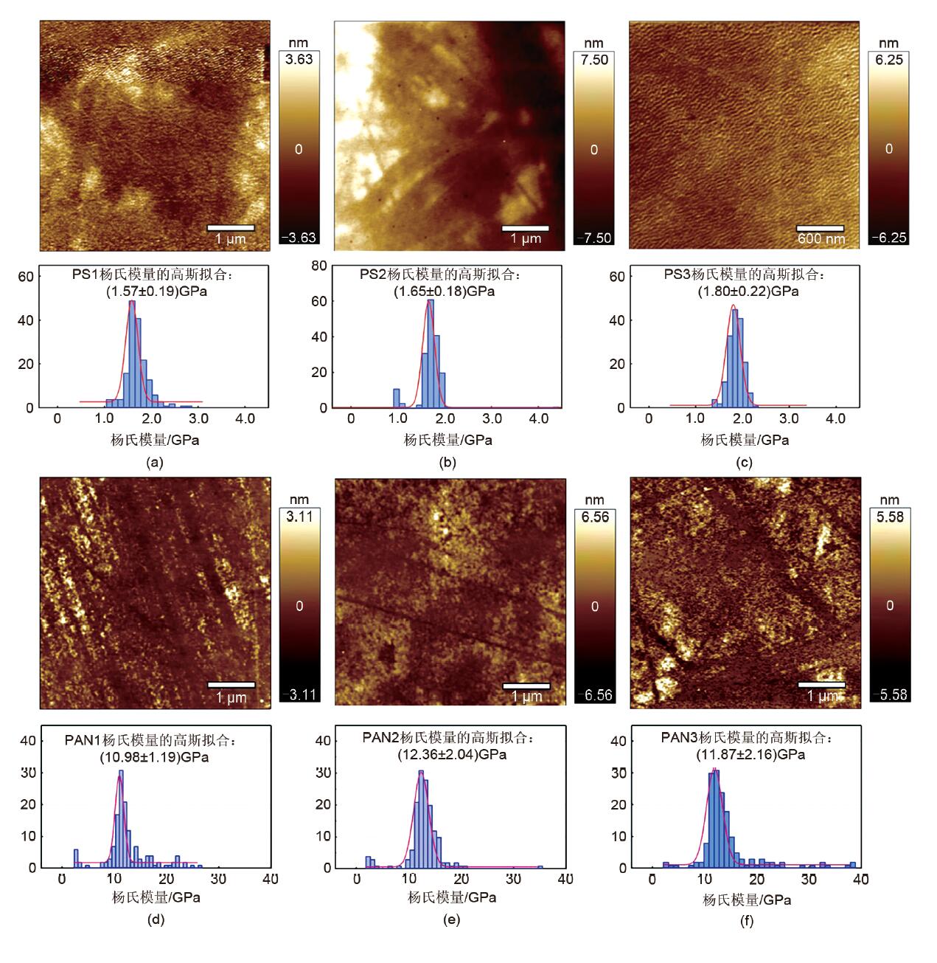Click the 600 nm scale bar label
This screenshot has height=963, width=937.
tap(821, 239)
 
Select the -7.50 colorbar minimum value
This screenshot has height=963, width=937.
tap(593, 238)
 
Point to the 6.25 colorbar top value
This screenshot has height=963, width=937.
tap(889, 60)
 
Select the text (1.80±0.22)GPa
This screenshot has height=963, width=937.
tap(748, 291)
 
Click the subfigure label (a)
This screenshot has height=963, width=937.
tap(154, 463)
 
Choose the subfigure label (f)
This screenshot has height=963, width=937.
tap(746, 921)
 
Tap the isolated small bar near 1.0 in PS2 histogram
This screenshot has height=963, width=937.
tap(397, 398)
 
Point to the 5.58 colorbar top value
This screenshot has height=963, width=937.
tap(889, 517)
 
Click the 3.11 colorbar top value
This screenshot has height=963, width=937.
tap(299, 517)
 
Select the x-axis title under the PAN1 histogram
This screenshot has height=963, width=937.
tap(156, 897)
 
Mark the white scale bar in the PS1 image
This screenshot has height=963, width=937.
tap(231, 227)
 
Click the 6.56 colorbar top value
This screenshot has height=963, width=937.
tap(595, 517)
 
